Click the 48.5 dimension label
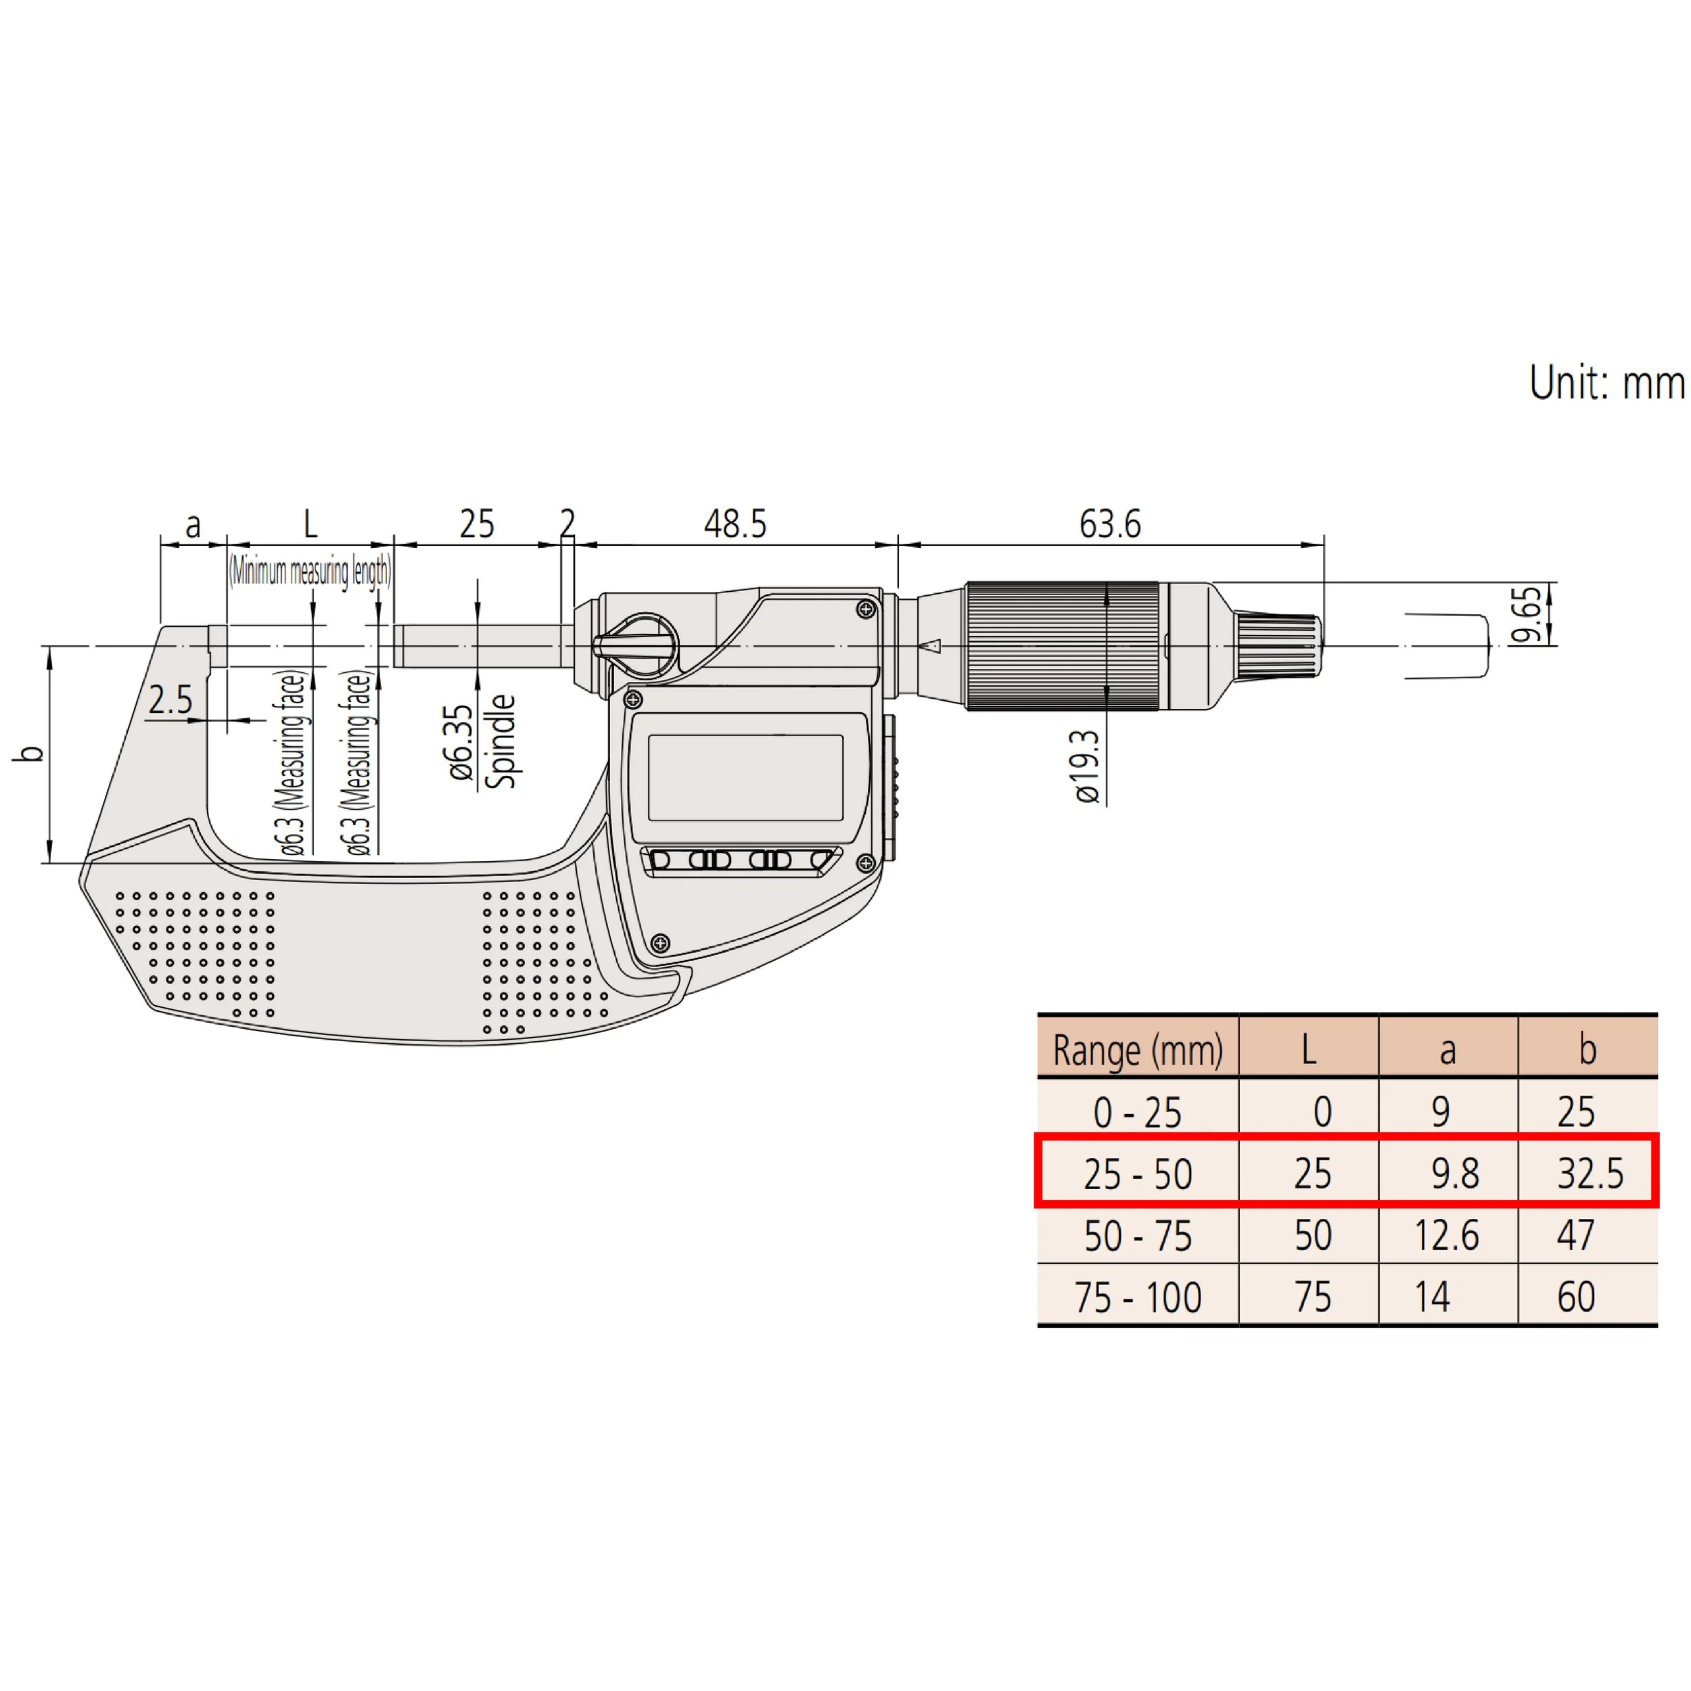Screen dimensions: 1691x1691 [735, 524]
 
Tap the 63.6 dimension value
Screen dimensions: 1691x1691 [1110, 524]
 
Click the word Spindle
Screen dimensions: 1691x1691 [500, 741]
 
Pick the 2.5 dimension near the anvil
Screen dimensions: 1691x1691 [170, 700]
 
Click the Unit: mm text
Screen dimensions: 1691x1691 [1607, 382]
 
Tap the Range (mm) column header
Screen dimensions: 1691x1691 [1138, 1050]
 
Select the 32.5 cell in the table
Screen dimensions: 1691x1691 [1590, 1174]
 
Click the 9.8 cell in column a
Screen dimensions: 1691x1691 [1455, 1174]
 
